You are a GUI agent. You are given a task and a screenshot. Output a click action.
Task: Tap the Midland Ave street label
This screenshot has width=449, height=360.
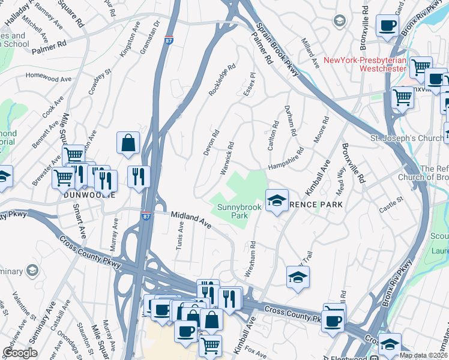point(191,219)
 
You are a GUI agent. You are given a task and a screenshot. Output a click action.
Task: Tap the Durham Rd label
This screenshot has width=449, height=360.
point(292,123)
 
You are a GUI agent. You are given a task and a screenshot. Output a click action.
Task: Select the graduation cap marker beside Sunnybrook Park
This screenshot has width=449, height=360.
point(277,200)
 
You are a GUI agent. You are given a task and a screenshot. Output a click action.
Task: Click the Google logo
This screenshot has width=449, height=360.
point(20,353)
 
